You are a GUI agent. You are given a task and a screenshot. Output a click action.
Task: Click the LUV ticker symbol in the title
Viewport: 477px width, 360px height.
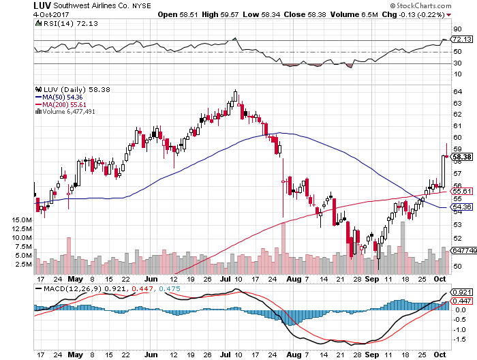pos(42,5)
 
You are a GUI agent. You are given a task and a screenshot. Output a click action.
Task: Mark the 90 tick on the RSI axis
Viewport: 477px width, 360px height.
pos(457,29)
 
